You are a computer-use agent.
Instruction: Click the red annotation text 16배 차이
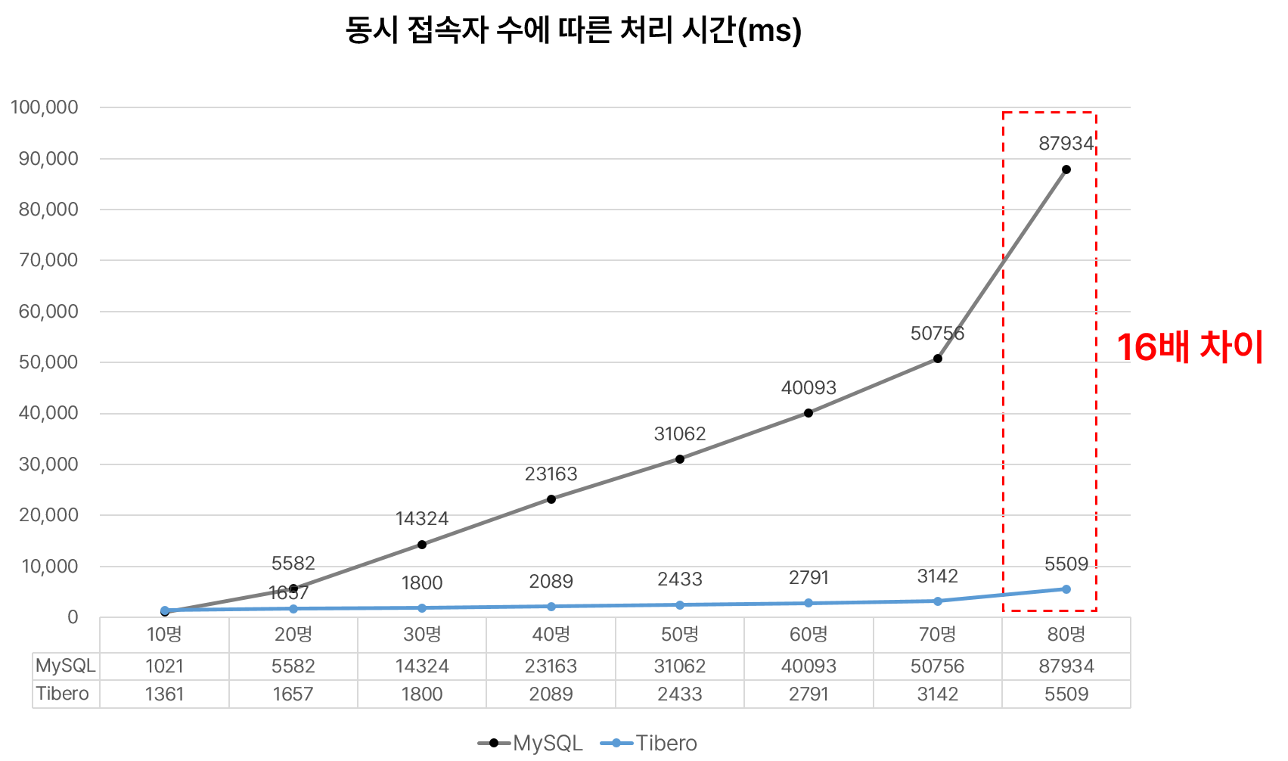1190,348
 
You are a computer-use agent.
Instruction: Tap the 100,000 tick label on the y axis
45,107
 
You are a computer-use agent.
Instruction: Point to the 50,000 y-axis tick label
48,362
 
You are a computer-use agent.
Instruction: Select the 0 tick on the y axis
73,617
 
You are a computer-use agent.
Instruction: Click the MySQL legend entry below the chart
530,744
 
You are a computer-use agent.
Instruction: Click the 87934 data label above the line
1066,144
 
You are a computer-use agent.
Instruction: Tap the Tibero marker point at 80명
1066,589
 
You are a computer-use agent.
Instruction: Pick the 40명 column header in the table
551,635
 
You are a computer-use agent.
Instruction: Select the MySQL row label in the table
66,666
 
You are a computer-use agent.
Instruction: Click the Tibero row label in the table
63,694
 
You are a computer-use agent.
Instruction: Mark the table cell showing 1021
164,666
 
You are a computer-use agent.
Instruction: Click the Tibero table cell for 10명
164,694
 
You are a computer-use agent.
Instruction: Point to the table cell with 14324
422,666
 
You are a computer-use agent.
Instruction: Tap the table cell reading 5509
1066,694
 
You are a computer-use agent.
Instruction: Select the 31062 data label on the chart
679,434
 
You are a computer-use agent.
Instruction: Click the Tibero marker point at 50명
680,605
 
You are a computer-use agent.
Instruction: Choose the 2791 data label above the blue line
808,578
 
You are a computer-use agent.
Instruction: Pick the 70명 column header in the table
937,635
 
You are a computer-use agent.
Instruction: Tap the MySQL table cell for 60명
808,666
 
